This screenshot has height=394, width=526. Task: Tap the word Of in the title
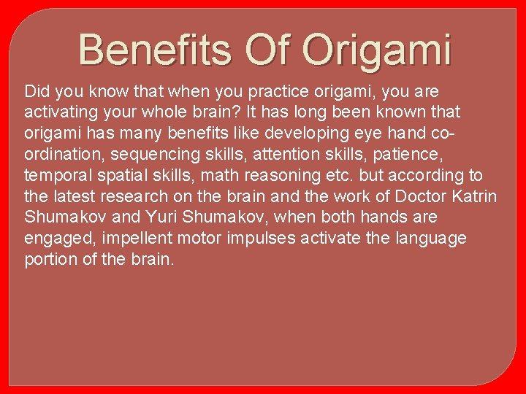[270, 50]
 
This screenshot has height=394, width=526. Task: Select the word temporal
[55, 176]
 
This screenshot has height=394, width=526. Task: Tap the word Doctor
[424, 197]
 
